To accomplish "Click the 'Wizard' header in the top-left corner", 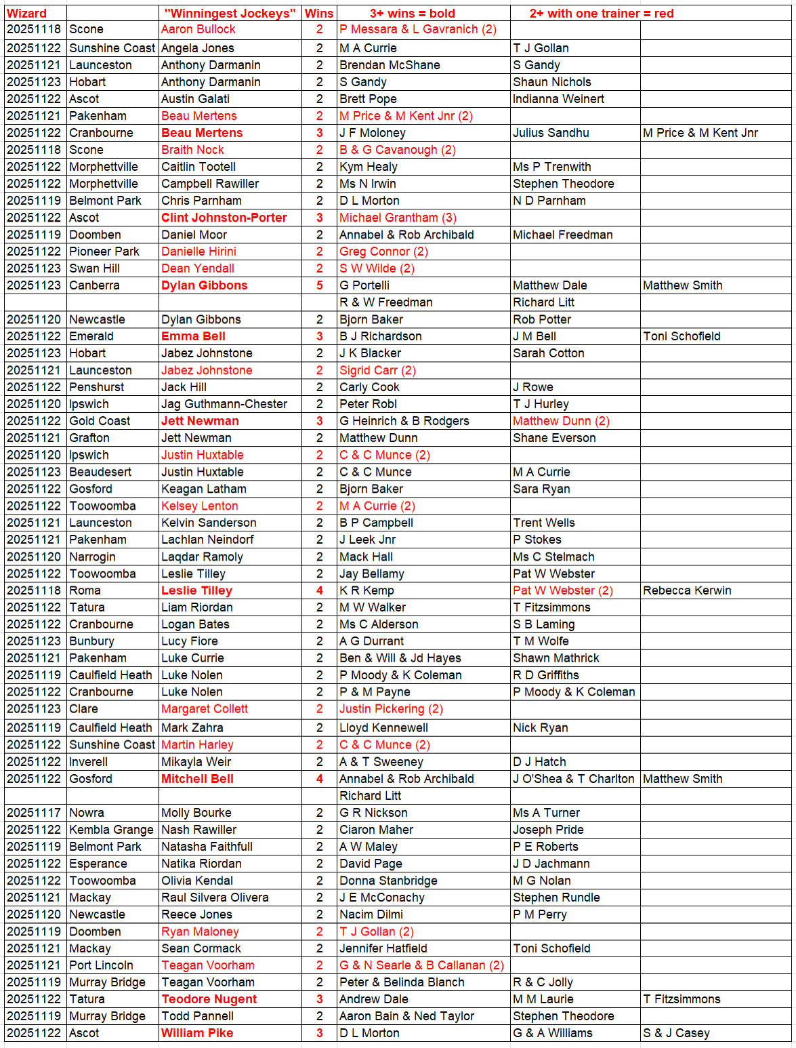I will (x=27, y=13).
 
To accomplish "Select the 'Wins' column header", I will (x=319, y=13).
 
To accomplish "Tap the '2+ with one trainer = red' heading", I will (x=601, y=13).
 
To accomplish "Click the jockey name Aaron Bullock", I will (x=198, y=29).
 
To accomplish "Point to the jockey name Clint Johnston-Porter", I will (x=224, y=218).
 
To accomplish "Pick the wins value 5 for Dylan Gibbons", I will (x=320, y=285).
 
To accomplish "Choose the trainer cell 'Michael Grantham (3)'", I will (x=398, y=218).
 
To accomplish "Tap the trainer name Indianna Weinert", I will (x=558, y=99).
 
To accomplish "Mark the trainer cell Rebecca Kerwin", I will (x=687, y=590).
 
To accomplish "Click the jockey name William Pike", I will (x=197, y=1033).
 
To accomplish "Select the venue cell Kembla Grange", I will (x=111, y=830).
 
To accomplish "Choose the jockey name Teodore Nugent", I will (x=209, y=999).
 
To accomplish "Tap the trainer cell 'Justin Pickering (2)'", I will (x=391, y=709).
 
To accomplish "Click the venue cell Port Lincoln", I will (x=101, y=965).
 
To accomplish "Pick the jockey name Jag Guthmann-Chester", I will (x=224, y=404).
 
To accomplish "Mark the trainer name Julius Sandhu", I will (x=551, y=133).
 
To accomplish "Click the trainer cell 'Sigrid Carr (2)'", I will (x=377, y=370).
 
